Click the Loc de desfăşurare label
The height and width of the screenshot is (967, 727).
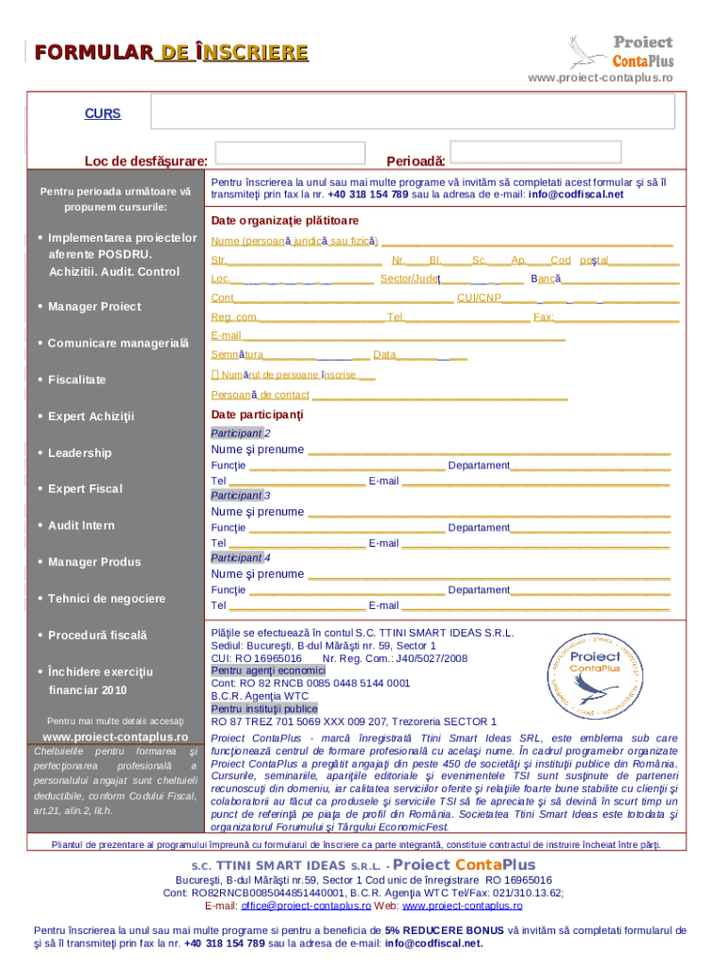tap(146, 161)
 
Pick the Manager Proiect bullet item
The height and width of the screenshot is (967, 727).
tap(94, 307)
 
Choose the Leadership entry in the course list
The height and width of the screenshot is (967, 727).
tap(79, 453)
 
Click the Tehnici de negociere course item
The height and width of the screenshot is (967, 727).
tap(106, 599)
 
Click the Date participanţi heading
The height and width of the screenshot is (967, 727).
tap(257, 416)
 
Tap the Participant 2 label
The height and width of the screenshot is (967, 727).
tap(241, 433)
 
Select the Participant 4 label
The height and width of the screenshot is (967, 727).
tap(241, 558)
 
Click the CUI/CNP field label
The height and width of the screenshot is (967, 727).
tap(479, 298)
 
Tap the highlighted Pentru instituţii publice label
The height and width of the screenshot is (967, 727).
tap(264, 709)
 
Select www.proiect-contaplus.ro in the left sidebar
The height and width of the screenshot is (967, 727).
tap(116, 737)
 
